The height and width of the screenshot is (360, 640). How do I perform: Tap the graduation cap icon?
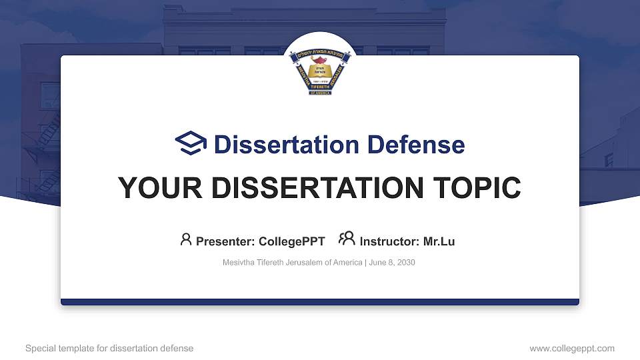point(191,144)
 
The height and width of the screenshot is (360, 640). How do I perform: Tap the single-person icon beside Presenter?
point(186,239)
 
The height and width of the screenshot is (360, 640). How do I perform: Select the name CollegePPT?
point(291,241)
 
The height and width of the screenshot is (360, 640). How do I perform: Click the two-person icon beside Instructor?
point(347,239)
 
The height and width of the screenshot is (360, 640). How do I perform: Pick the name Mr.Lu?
point(439,241)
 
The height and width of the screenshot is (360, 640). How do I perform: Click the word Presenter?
point(225,241)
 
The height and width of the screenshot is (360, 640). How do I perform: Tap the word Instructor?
point(389,241)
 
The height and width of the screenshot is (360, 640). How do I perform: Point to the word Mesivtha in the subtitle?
point(238,263)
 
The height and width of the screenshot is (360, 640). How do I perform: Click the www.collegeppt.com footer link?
point(572,348)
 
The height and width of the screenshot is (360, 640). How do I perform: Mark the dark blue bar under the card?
point(320,302)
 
